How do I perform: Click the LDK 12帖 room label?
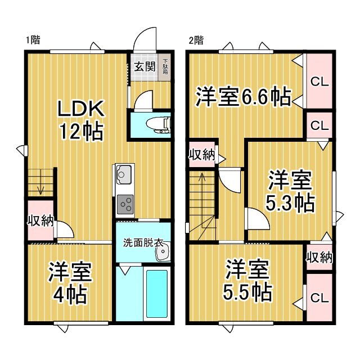coord(81,120)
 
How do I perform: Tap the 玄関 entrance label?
coord(145,67)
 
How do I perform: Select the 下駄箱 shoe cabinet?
coord(165,67)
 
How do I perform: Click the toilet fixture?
coord(159,125)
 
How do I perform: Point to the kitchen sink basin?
coord(124,174)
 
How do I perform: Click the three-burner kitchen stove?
coord(125,204)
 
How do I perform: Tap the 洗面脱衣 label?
coord(143,243)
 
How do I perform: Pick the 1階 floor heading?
coord(33,40)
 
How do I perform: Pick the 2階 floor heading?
coord(196,40)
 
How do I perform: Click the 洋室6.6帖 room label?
coord(244,97)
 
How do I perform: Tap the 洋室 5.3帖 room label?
coord(290,191)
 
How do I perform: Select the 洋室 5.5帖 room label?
coord(247,280)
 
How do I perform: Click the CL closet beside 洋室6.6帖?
coord(319,81)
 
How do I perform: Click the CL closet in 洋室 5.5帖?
coord(319,298)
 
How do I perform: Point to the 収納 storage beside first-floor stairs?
coord(40,221)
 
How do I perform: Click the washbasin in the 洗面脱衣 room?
coord(163,251)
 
